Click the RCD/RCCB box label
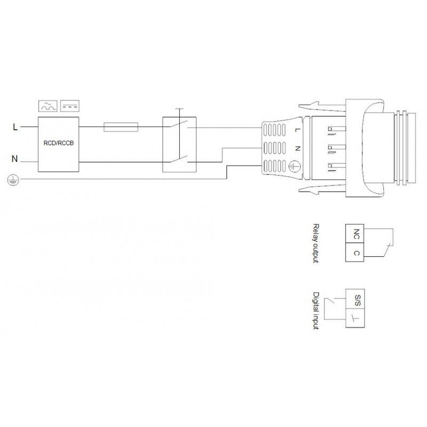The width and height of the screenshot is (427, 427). click(x=59, y=143)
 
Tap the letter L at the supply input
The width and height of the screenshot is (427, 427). click(x=15, y=127)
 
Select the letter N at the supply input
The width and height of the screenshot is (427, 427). click(x=15, y=159)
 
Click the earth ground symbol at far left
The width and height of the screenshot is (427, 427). click(x=13, y=180)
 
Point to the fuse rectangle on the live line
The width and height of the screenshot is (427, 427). click(x=121, y=127)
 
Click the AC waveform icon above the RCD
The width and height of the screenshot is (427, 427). click(x=48, y=106)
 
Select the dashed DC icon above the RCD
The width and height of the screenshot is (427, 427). click(x=70, y=106)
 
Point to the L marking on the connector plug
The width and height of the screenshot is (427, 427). click(x=297, y=130)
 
